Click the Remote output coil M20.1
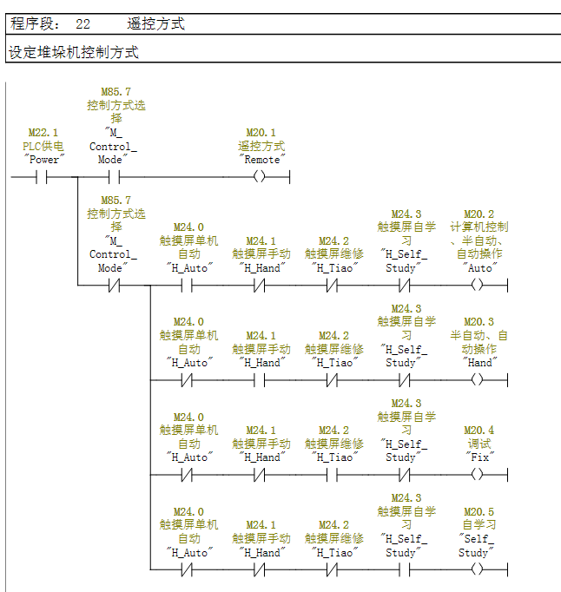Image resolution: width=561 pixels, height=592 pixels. [260, 176]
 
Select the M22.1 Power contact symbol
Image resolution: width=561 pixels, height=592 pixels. [42, 177]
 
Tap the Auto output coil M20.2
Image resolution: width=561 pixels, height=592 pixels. [477, 285]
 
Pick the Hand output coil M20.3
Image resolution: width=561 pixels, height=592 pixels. [477, 380]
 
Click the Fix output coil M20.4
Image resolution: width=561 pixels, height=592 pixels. [477, 474]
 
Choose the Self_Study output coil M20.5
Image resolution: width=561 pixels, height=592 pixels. [477, 569]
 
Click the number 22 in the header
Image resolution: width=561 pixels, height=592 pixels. [82, 24]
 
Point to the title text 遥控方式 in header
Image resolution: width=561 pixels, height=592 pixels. [155, 23]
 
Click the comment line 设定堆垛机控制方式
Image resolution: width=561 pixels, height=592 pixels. [74, 52]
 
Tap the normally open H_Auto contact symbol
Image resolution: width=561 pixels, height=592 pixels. [187, 286]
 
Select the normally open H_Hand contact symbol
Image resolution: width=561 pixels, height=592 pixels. [259, 380]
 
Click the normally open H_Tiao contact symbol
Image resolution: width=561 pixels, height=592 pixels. [332, 475]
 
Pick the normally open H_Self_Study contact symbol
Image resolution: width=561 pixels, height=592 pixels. [404, 569]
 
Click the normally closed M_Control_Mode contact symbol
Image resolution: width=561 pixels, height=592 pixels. [114, 286]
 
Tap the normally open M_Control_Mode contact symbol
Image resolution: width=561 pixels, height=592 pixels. [114, 177]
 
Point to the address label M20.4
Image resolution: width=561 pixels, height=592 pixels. [478, 431]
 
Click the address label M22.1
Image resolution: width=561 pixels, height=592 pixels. [43, 133]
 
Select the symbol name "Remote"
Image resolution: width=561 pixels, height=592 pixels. [261, 160]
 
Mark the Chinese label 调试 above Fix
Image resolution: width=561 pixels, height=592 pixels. [479, 444]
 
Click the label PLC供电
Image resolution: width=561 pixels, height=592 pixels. [43, 146]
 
